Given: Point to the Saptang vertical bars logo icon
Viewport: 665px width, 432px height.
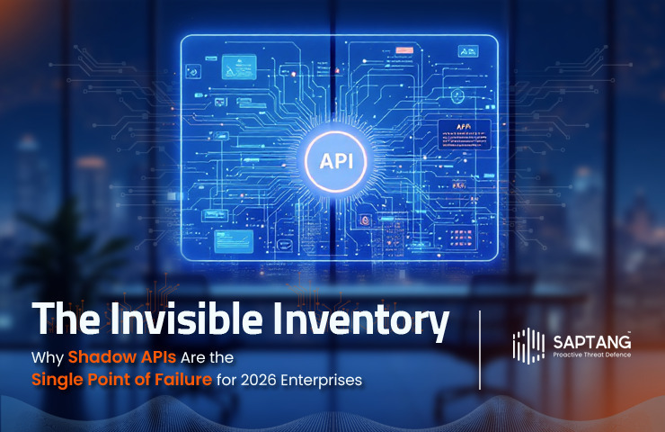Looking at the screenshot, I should [528, 347].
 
